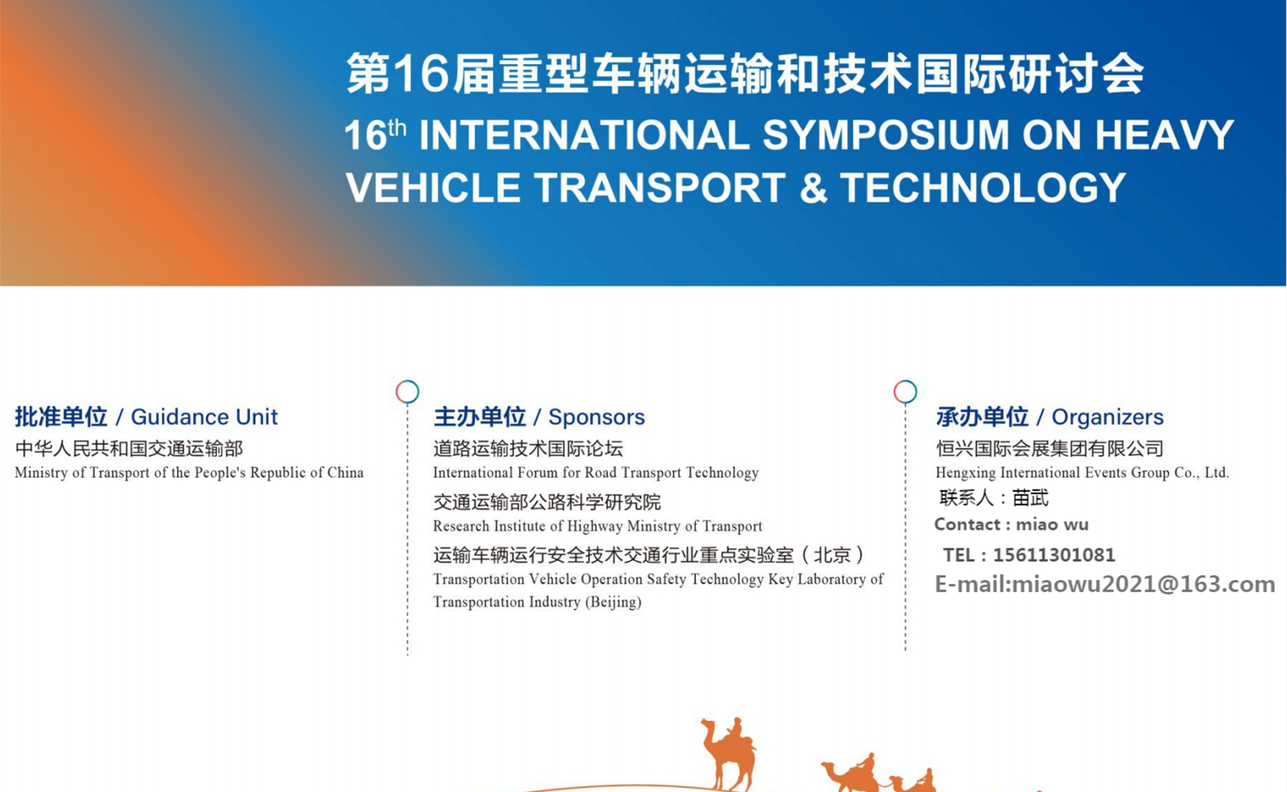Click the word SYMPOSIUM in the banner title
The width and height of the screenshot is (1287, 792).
click(x=886, y=135)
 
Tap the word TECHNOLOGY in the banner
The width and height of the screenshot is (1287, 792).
click(x=983, y=187)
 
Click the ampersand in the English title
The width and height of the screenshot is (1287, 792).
click(x=814, y=187)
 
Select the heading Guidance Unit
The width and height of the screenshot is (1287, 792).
click(x=204, y=416)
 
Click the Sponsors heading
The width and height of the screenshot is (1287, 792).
click(x=597, y=416)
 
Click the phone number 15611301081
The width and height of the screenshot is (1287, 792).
click(x=1054, y=555)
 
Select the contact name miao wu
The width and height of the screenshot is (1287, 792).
click(x=1052, y=525)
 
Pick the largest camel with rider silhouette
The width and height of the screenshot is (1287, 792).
click(x=729, y=754)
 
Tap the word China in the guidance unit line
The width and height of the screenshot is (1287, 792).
click(x=345, y=472)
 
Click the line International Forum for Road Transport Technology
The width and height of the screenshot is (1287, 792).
click(x=596, y=472)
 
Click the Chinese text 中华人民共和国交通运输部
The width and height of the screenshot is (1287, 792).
click(x=129, y=448)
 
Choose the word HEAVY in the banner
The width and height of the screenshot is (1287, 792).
click(x=1164, y=135)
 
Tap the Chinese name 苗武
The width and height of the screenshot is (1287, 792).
click(x=1030, y=497)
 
